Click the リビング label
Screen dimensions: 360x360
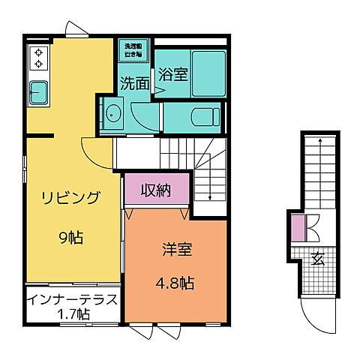[70, 198]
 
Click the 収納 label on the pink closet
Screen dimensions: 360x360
[155, 190]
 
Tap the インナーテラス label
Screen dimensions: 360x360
[72, 299]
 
